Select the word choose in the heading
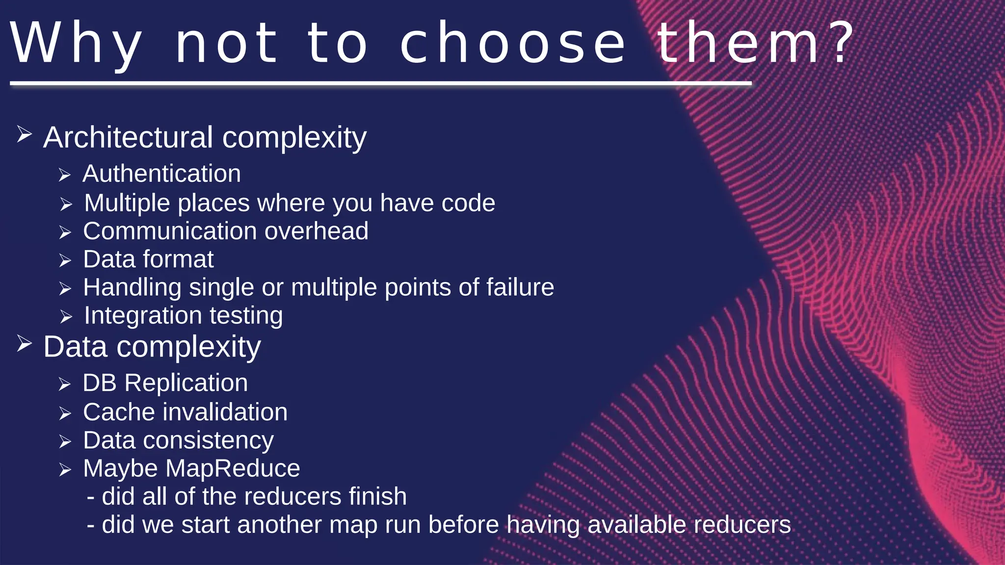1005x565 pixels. [x=513, y=43]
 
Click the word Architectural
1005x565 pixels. [x=128, y=137]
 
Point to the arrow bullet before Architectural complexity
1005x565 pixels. [x=24, y=134]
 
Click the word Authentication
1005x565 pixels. [x=161, y=174]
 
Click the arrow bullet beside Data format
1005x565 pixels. [x=65, y=260]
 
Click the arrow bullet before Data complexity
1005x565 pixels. [x=24, y=343]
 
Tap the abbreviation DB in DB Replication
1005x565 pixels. [x=99, y=383]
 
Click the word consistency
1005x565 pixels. [x=208, y=440]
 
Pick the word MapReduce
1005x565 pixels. [x=233, y=468]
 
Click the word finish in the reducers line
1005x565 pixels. [x=377, y=496]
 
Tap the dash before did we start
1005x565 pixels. [x=91, y=525]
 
